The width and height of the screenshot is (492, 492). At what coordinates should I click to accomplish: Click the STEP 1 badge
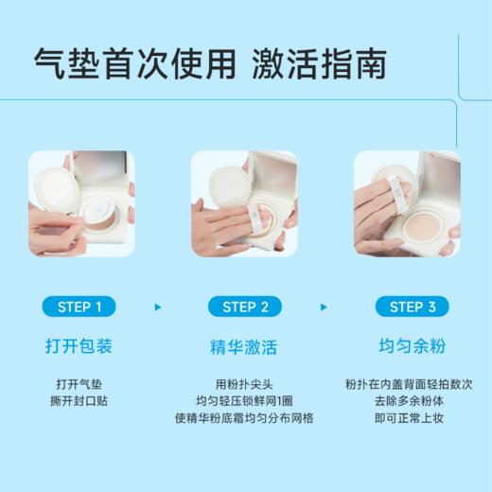coord(80,307)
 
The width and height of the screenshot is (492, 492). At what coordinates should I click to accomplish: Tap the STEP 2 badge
coord(245,307)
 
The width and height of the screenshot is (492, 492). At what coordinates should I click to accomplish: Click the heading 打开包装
coord(80,347)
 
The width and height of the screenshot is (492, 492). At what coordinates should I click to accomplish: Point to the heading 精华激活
coord(245,347)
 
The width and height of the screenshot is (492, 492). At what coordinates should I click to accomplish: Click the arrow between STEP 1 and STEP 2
coord(158,307)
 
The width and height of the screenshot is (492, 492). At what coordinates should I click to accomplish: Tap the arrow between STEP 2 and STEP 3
coord(325,307)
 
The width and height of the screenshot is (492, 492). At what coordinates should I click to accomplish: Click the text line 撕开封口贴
coord(80,401)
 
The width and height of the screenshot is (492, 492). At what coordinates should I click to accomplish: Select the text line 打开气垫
coord(80,384)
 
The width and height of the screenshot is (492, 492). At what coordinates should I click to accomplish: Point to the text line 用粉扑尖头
coord(245,384)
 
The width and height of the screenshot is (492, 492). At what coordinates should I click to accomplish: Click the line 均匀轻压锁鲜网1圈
coord(245,401)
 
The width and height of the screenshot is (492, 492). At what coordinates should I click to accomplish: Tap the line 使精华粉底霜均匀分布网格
coord(245,418)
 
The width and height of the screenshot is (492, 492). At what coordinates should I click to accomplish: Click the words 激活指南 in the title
coord(319,63)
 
